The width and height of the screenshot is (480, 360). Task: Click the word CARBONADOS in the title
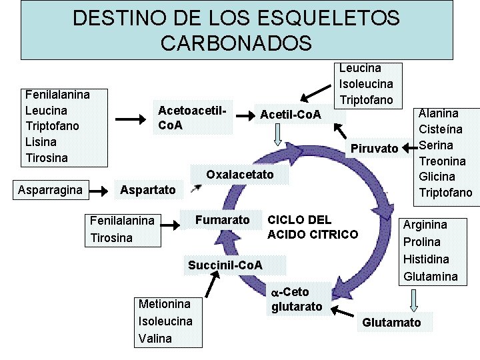coord(236,43)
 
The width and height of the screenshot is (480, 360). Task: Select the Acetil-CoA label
coord(290,115)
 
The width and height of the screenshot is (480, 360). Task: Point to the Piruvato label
coord(374,148)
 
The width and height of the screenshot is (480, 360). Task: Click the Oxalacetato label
coord(240,175)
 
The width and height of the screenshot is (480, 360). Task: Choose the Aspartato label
coord(147,191)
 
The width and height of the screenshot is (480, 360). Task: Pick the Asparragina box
coord(51,191)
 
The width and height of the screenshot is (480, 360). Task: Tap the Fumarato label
coord(222,220)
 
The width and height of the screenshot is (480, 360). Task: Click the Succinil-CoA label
coord(225,265)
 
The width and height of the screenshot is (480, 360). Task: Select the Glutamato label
coord(391,323)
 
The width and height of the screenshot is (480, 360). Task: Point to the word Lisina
coord(41,142)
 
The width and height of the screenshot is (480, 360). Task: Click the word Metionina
coord(164,304)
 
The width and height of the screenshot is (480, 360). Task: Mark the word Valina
coord(155,339)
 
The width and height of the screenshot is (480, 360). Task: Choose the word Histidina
coord(426,259)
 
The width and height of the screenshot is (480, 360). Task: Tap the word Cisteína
coord(441,129)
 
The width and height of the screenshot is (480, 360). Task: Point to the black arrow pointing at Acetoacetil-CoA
coord(131,119)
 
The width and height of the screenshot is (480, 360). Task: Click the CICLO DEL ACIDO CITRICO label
coord(312,227)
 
